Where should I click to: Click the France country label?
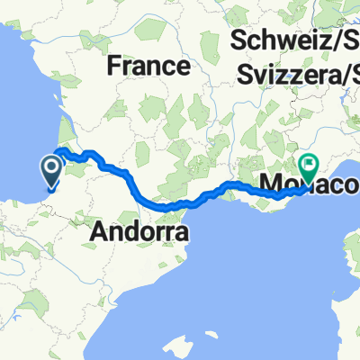149,67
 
